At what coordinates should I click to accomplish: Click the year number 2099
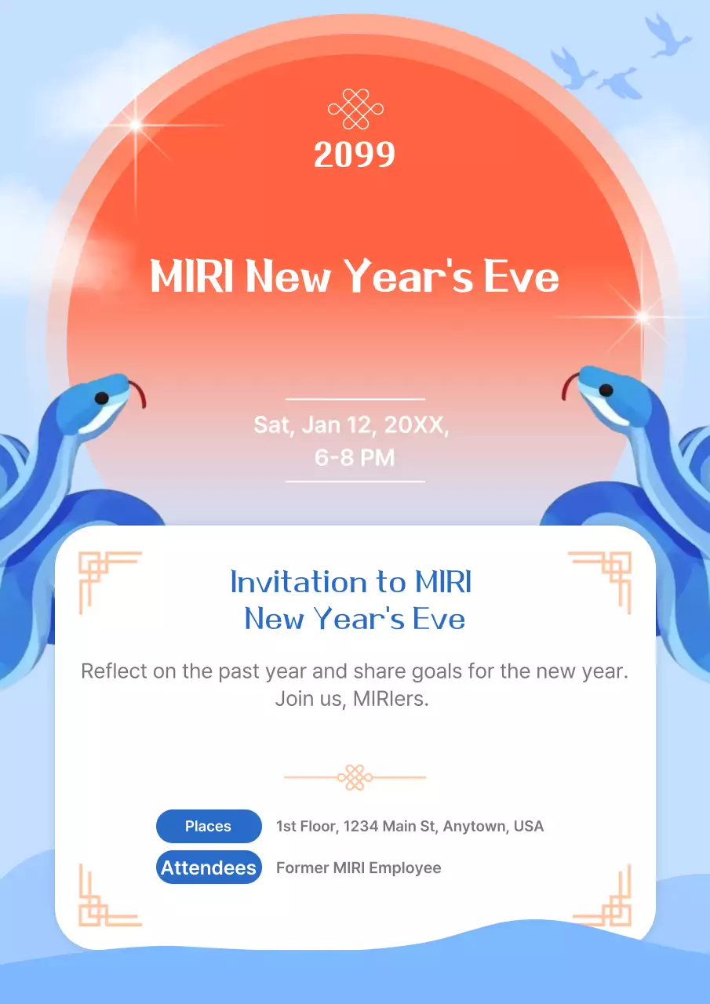click(355, 155)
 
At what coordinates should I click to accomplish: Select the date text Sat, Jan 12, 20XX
click(351, 425)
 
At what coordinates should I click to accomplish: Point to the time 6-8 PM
click(355, 457)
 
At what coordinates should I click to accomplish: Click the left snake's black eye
click(101, 398)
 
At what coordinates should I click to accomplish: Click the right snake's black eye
click(606, 390)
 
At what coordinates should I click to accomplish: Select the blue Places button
click(209, 826)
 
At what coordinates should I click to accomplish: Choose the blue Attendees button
click(209, 868)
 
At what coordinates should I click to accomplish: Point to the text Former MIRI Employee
click(359, 868)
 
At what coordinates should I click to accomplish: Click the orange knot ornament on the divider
click(355, 777)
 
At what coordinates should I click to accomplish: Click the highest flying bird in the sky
click(668, 35)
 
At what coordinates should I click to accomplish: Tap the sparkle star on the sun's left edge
click(136, 125)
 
